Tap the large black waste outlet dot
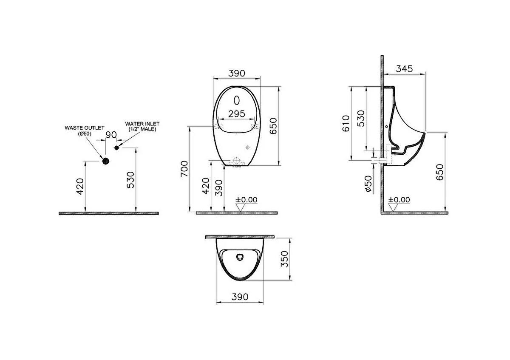coord(105,160)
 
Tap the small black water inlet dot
coord(117,147)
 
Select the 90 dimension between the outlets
coord(111,135)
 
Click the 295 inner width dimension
coord(236,113)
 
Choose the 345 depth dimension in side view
coord(404,69)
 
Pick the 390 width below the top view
coord(240,297)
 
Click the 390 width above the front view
coord(237,73)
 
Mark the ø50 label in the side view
coord(368,184)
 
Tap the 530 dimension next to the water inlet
coord(131,179)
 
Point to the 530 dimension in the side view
coord(361,118)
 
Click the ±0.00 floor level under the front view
coord(247,200)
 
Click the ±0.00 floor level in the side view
coord(400,200)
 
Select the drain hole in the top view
coord(240,257)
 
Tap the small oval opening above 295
coord(237,100)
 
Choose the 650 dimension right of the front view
coord(273,125)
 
